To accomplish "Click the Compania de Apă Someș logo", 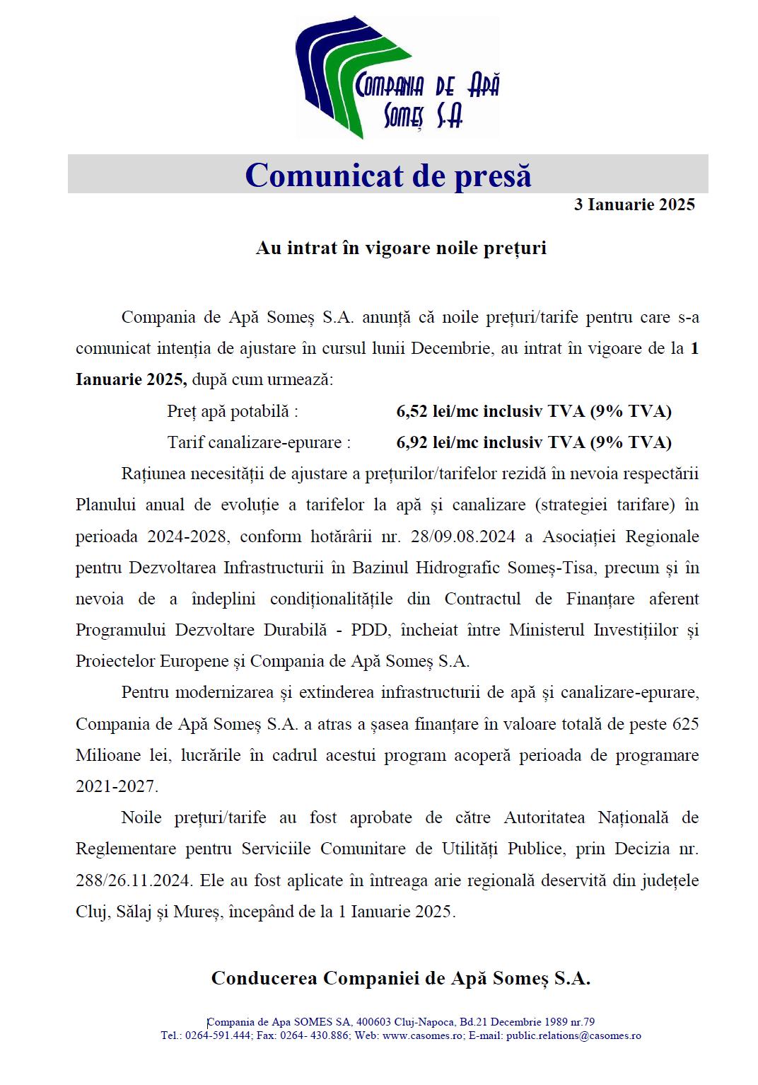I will (x=397, y=77).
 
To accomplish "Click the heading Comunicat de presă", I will (x=387, y=175).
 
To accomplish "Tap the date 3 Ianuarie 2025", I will (x=634, y=205).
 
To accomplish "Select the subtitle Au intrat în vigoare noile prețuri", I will (x=401, y=248).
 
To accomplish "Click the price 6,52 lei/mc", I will (x=443, y=411).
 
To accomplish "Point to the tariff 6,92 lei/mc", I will (x=443, y=442).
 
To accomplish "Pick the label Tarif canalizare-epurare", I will (x=259, y=442).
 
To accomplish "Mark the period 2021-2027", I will (x=117, y=786).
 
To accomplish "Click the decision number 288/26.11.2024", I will (x=134, y=880).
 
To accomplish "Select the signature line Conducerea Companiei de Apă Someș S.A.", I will (x=400, y=978).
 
